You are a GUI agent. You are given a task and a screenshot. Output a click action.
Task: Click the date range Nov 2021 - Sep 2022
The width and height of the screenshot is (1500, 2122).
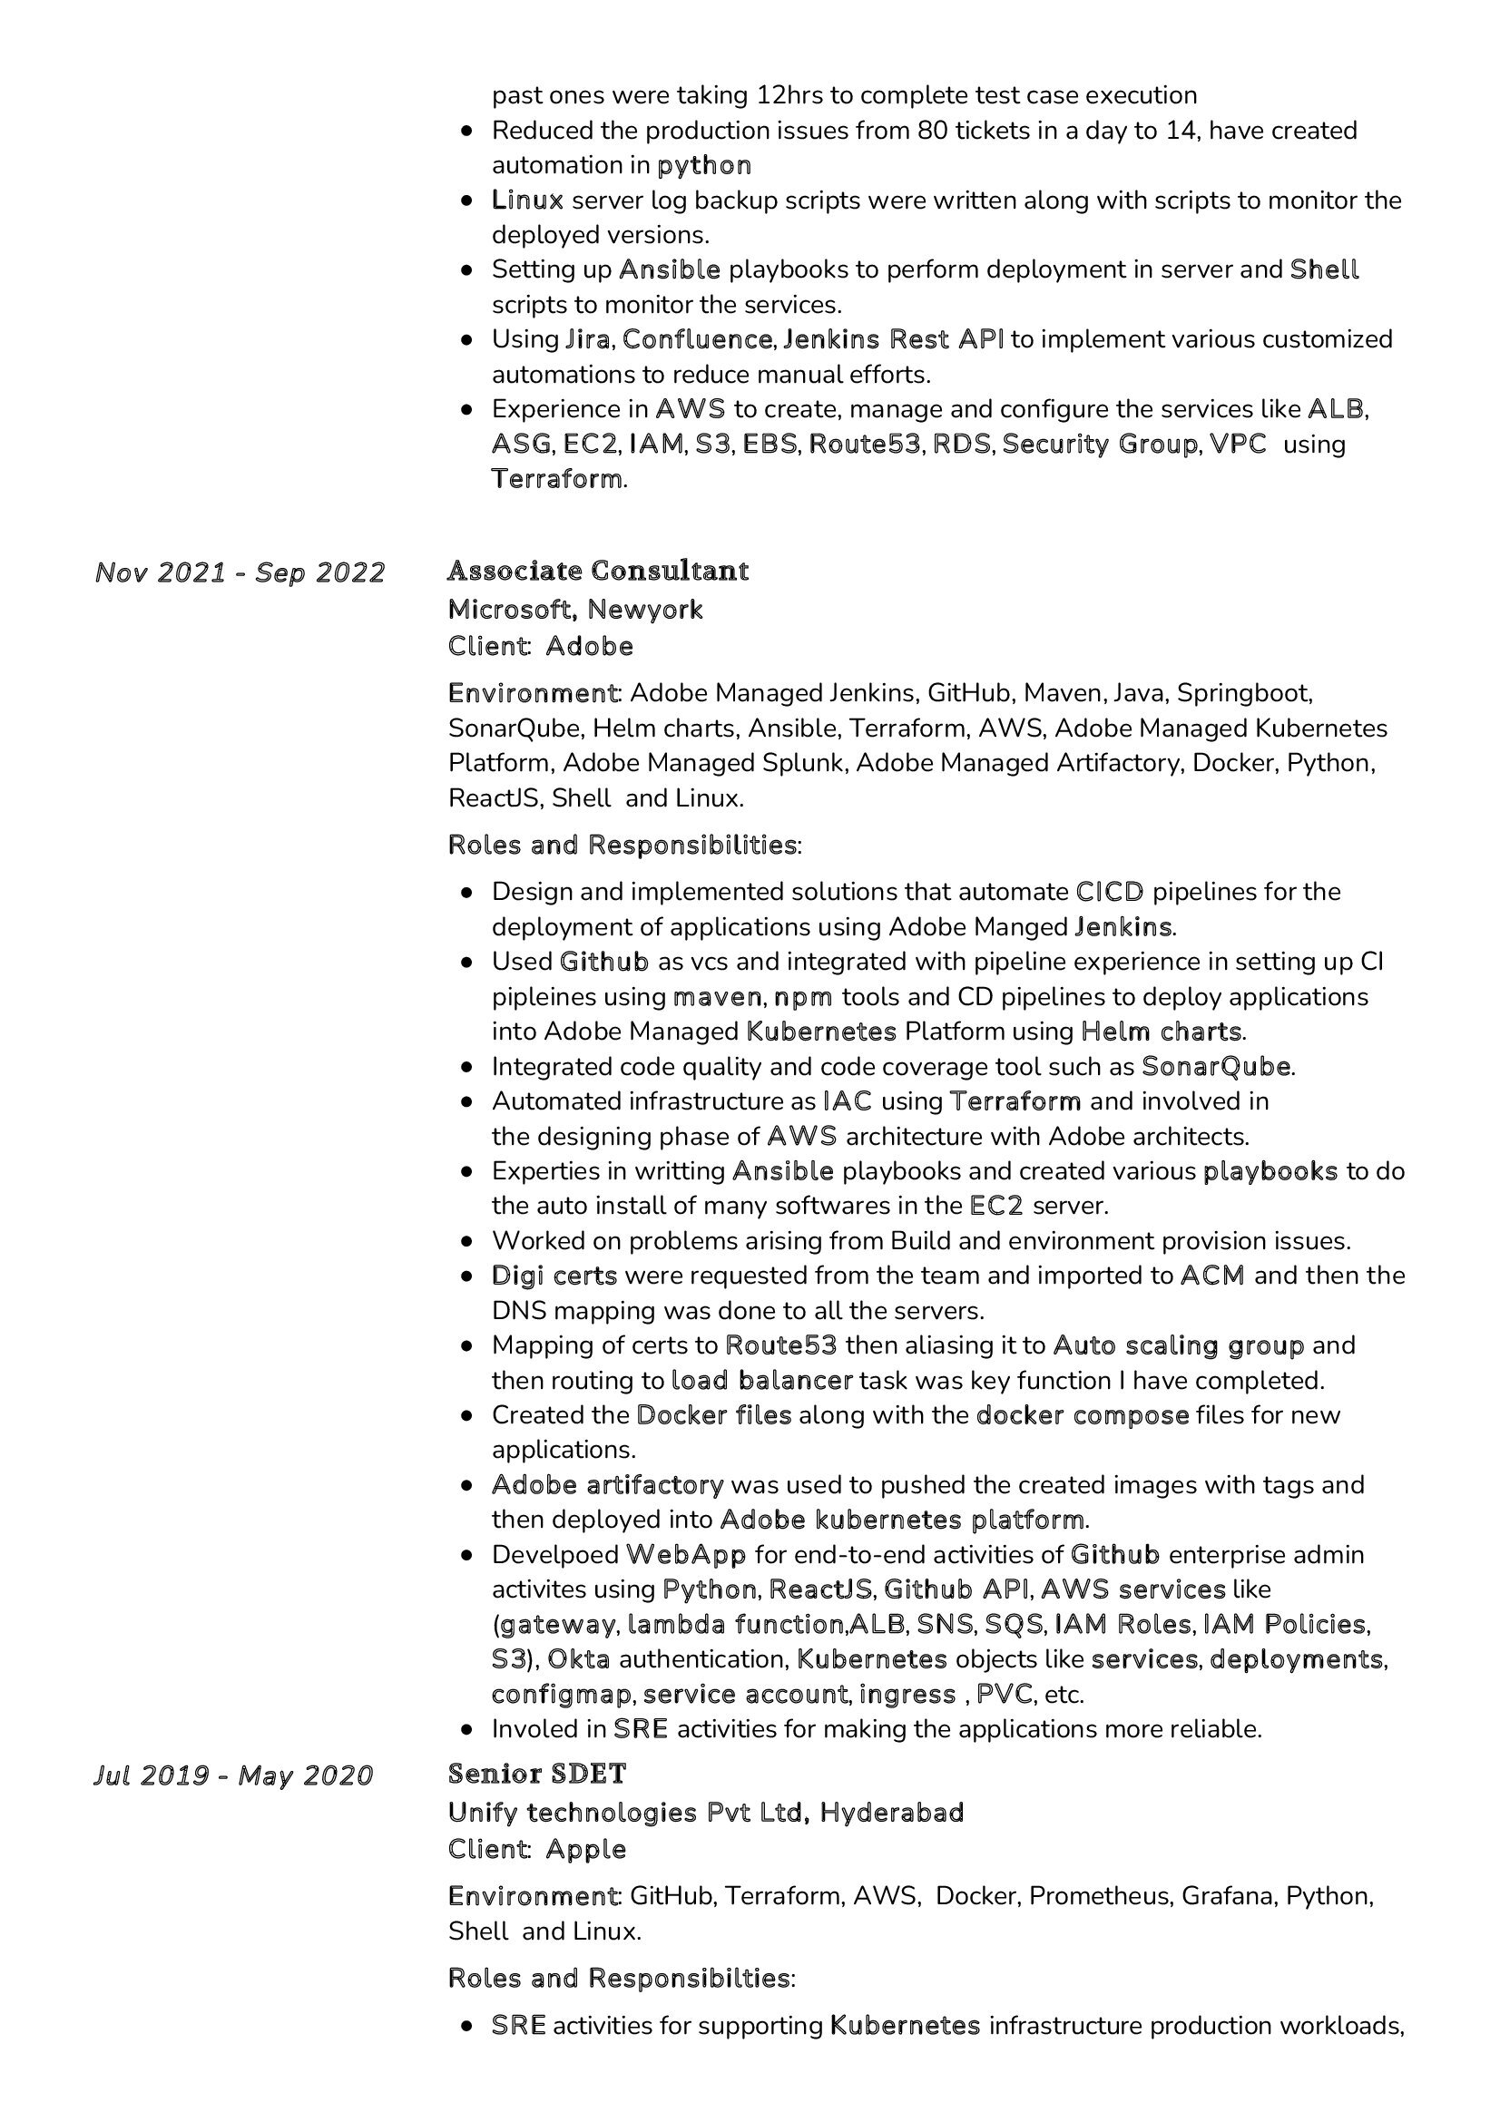pyautogui.click(x=240, y=573)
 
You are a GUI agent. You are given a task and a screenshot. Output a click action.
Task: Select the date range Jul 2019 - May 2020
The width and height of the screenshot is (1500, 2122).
pyautogui.click(x=233, y=1775)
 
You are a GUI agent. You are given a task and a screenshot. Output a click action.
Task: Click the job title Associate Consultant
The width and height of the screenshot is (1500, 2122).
pyautogui.click(x=597, y=572)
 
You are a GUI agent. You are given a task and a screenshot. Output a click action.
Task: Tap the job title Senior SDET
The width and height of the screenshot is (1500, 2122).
pyautogui.click(x=537, y=1774)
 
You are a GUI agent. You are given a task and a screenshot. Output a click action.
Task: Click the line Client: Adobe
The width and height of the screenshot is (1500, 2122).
pyautogui.click(x=540, y=646)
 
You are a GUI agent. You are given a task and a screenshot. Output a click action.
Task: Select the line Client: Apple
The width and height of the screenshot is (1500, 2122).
pyautogui.click(x=537, y=1849)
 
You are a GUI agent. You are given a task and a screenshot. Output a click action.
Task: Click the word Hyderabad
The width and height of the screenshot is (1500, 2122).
pyautogui.click(x=892, y=1813)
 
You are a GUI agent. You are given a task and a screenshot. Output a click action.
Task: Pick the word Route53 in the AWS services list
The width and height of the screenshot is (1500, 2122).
pyautogui.click(x=864, y=445)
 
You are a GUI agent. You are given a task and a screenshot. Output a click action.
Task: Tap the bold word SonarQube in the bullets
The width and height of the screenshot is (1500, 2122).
pyautogui.click(x=1215, y=1067)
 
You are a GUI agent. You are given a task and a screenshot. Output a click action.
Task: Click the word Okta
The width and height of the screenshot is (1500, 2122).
pyautogui.click(x=579, y=1659)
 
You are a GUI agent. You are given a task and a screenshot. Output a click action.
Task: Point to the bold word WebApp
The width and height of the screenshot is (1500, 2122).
pyautogui.click(x=685, y=1555)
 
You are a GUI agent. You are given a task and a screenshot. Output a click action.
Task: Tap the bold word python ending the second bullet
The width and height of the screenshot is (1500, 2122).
pyautogui.click(x=703, y=165)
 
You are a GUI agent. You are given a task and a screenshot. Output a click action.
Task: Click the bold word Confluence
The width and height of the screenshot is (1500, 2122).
pyautogui.click(x=697, y=340)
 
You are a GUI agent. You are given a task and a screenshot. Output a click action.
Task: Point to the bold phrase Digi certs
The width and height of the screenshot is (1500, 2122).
pyautogui.click(x=554, y=1276)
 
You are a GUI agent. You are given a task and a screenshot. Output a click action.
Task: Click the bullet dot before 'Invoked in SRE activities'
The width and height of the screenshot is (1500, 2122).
pyautogui.click(x=467, y=1729)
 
